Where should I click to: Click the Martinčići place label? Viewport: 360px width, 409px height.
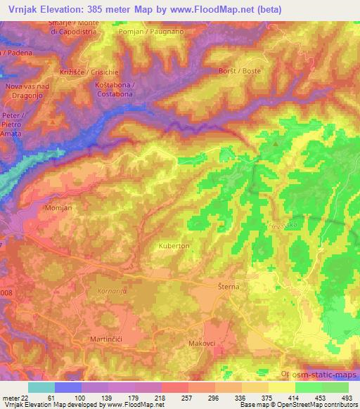(107, 339)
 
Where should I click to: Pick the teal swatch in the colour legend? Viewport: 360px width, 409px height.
(41, 387)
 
